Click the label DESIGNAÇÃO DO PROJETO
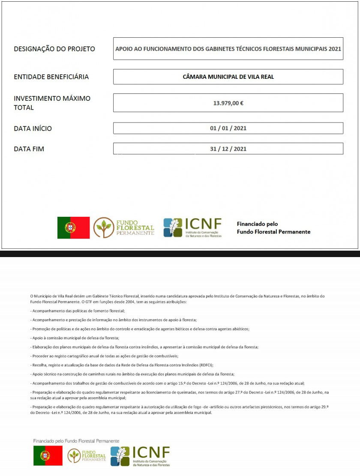coord(54,49)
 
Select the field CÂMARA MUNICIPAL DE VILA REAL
coord(228,77)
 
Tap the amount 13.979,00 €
coord(228,103)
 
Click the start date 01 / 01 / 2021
coord(228,128)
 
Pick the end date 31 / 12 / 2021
coord(228,149)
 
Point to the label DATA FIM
coord(29,149)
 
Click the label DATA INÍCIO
coord(33,129)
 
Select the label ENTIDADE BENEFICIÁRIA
coord(51,77)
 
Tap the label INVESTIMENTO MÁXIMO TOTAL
coord(52,103)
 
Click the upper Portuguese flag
coord(73,228)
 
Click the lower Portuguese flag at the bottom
coord(48,456)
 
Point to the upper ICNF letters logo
coord(204,224)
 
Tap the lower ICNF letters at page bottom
coord(151,452)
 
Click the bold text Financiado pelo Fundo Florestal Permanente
coord(273,228)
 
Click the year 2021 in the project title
coord(335,49)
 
